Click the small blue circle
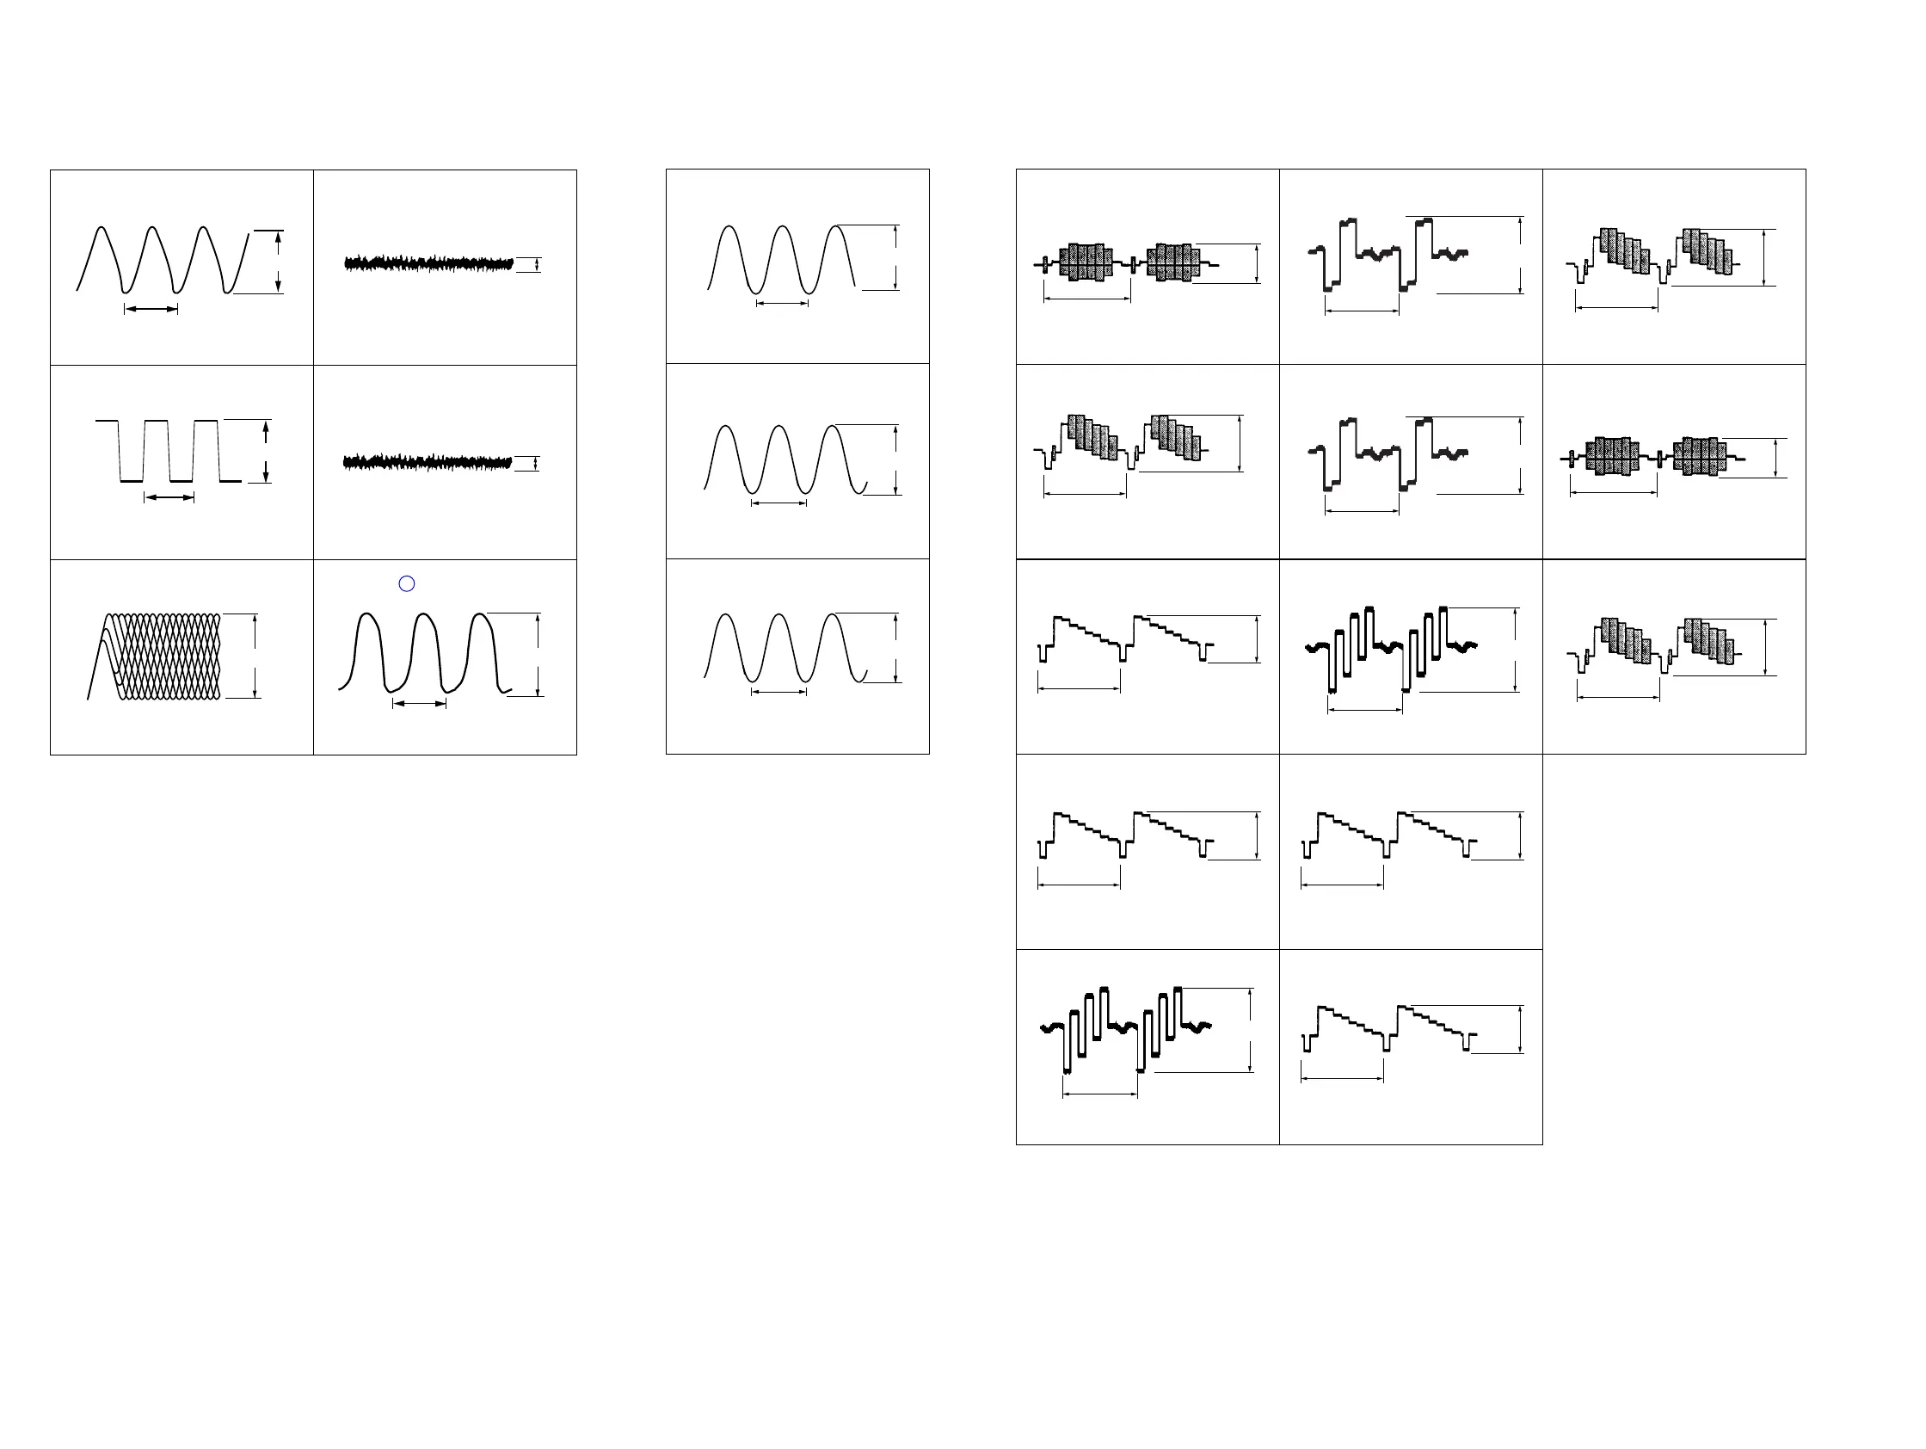click(x=407, y=583)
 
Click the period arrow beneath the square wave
click(x=169, y=497)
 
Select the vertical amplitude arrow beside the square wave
click(x=266, y=451)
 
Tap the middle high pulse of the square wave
click(x=157, y=422)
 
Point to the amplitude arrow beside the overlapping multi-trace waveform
click(x=255, y=656)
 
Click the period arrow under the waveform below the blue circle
click(x=420, y=704)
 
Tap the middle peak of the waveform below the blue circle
click(x=424, y=617)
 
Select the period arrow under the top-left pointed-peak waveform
click(x=151, y=309)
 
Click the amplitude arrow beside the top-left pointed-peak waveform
click(x=278, y=262)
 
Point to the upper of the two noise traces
click(x=428, y=263)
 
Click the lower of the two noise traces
click(x=428, y=462)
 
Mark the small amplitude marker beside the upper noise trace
click(x=537, y=265)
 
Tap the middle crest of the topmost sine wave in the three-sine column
click(x=783, y=228)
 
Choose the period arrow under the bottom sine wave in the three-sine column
click(x=779, y=693)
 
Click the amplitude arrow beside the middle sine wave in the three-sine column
click(x=896, y=459)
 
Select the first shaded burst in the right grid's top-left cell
click(x=1085, y=262)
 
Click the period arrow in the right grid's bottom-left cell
click(x=1100, y=1094)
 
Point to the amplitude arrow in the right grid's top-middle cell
click(x=1520, y=255)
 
